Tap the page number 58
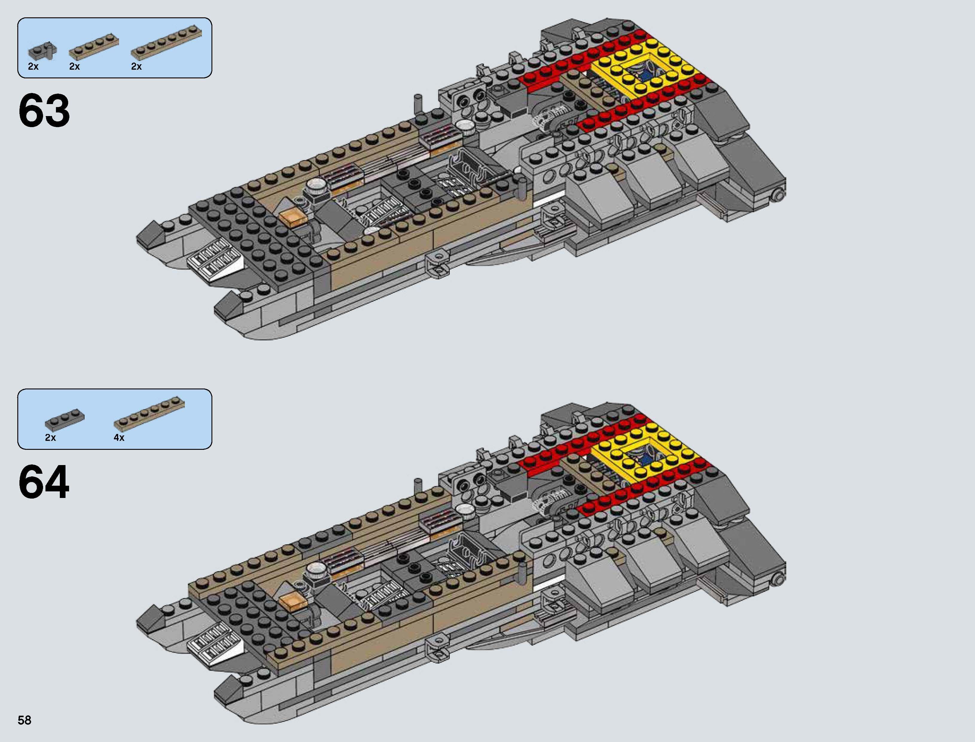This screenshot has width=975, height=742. point(25,720)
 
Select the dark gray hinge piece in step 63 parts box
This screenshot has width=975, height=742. point(42,52)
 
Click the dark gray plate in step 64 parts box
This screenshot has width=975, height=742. point(65,420)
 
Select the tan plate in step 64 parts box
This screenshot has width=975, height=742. point(149,413)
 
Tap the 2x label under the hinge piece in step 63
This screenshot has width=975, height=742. point(33,66)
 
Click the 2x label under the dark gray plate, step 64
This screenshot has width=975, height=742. point(50,437)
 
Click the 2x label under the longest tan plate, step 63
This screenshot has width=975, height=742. point(136,66)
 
